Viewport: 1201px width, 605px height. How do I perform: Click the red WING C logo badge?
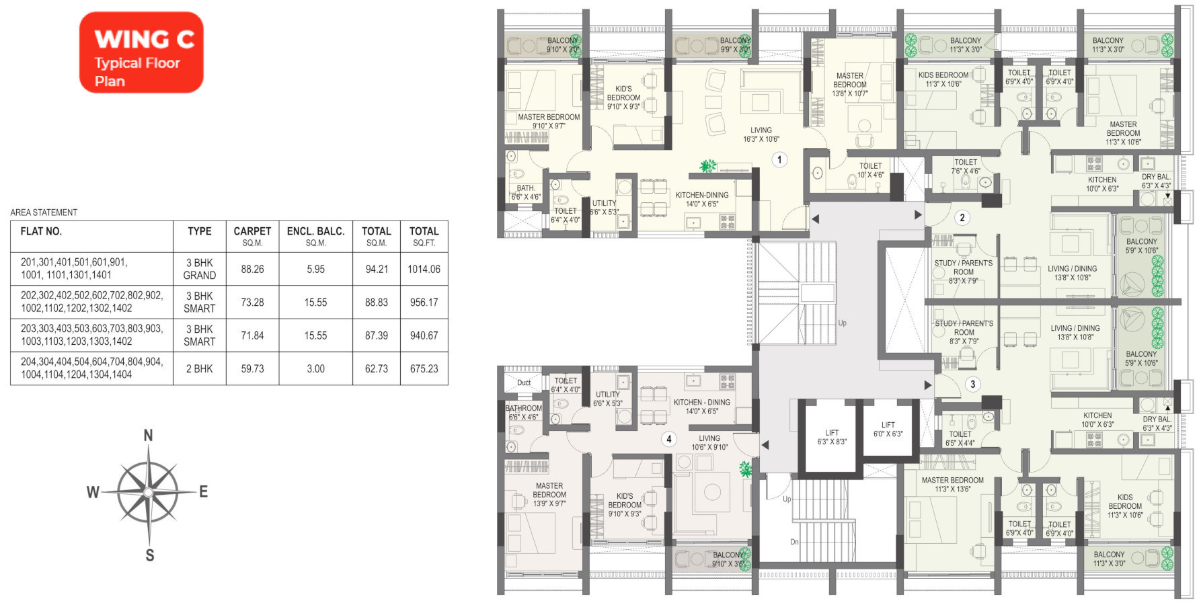click(x=141, y=52)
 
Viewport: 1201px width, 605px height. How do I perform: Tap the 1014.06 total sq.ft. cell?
click(x=424, y=269)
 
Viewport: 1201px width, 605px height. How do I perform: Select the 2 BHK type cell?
click(x=200, y=369)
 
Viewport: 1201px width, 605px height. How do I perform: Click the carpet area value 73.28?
click(x=252, y=302)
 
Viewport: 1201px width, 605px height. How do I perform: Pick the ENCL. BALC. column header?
click(x=315, y=236)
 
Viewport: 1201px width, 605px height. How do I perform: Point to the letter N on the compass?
click(x=149, y=436)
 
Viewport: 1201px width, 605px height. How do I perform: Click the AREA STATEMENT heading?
click(x=44, y=212)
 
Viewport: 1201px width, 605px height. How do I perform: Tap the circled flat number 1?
click(x=779, y=160)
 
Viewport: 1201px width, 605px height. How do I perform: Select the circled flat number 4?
click(x=668, y=439)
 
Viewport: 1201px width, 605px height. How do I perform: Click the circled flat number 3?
click(x=972, y=385)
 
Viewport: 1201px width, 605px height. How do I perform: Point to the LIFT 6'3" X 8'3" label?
click(x=832, y=438)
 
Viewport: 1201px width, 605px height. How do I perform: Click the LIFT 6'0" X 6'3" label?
click(x=888, y=430)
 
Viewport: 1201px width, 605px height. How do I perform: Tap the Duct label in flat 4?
click(x=524, y=382)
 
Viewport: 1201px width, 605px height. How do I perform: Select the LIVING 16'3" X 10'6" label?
click(x=761, y=135)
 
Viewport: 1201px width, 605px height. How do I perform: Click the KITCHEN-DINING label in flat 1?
click(x=702, y=195)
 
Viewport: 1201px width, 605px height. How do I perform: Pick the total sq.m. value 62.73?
click(x=377, y=369)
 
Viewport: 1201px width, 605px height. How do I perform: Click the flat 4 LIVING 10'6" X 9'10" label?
click(x=709, y=442)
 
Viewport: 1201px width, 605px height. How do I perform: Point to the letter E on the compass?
click(x=203, y=491)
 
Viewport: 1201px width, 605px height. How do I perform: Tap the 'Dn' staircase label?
click(x=794, y=542)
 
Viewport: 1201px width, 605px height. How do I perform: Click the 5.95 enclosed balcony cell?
click(x=315, y=269)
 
